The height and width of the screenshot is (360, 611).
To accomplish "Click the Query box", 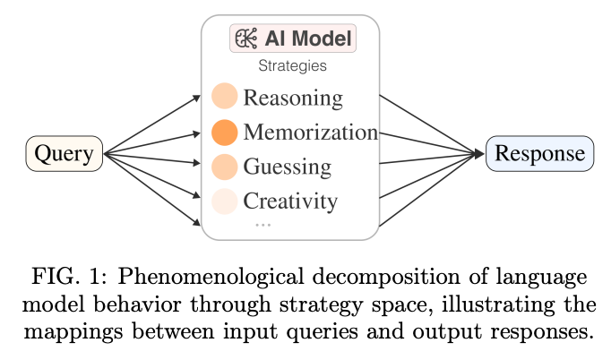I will click(64, 154).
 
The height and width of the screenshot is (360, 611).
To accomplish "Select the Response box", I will click(539, 153).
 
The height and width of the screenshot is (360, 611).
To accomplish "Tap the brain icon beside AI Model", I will click(245, 39).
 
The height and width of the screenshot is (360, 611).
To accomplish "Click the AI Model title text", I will click(307, 39).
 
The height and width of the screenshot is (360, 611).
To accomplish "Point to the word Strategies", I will click(292, 65).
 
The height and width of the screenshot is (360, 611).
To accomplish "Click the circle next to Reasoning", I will click(224, 97).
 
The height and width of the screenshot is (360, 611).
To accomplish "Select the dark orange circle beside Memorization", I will click(224, 133).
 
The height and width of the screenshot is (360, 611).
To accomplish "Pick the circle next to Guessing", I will click(224, 167).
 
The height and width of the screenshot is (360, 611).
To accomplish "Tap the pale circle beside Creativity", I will click(224, 201).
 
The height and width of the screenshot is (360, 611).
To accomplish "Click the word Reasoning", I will click(292, 97).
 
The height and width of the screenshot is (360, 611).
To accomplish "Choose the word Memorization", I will click(310, 133).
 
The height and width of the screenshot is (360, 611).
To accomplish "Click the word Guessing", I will click(287, 167).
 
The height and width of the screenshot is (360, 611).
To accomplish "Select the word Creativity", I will click(290, 201).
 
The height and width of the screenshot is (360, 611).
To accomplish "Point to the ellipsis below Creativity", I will click(262, 224).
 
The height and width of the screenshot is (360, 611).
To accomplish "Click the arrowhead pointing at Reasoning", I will click(197, 96).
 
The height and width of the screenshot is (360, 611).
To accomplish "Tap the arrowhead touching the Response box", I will click(480, 154).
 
